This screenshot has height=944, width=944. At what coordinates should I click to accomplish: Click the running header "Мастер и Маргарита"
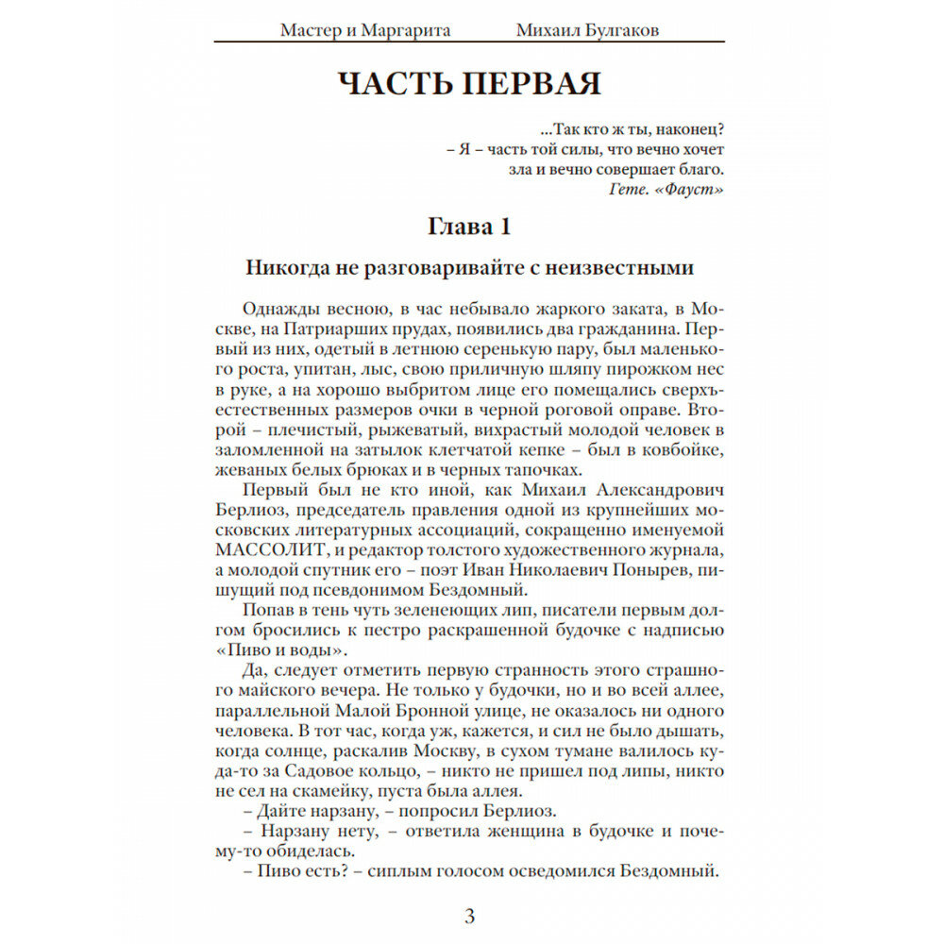(365, 30)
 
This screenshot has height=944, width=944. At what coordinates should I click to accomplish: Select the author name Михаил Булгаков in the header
(588, 30)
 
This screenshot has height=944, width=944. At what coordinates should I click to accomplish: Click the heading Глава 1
(469, 228)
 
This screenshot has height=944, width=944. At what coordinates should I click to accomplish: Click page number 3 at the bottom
(470, 915)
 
